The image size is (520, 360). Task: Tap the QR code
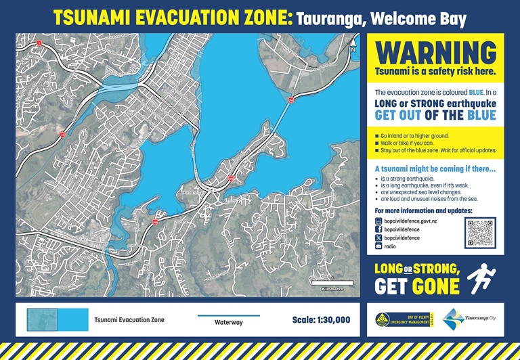480,233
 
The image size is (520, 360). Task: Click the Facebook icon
378,229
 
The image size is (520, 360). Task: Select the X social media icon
378,238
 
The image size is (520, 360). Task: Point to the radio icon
378,247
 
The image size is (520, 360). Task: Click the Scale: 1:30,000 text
321,319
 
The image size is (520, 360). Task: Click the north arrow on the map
353,45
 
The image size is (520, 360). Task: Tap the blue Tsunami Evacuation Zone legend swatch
58,319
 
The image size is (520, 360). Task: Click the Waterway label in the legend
228,322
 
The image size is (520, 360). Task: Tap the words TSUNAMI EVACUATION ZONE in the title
173,18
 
